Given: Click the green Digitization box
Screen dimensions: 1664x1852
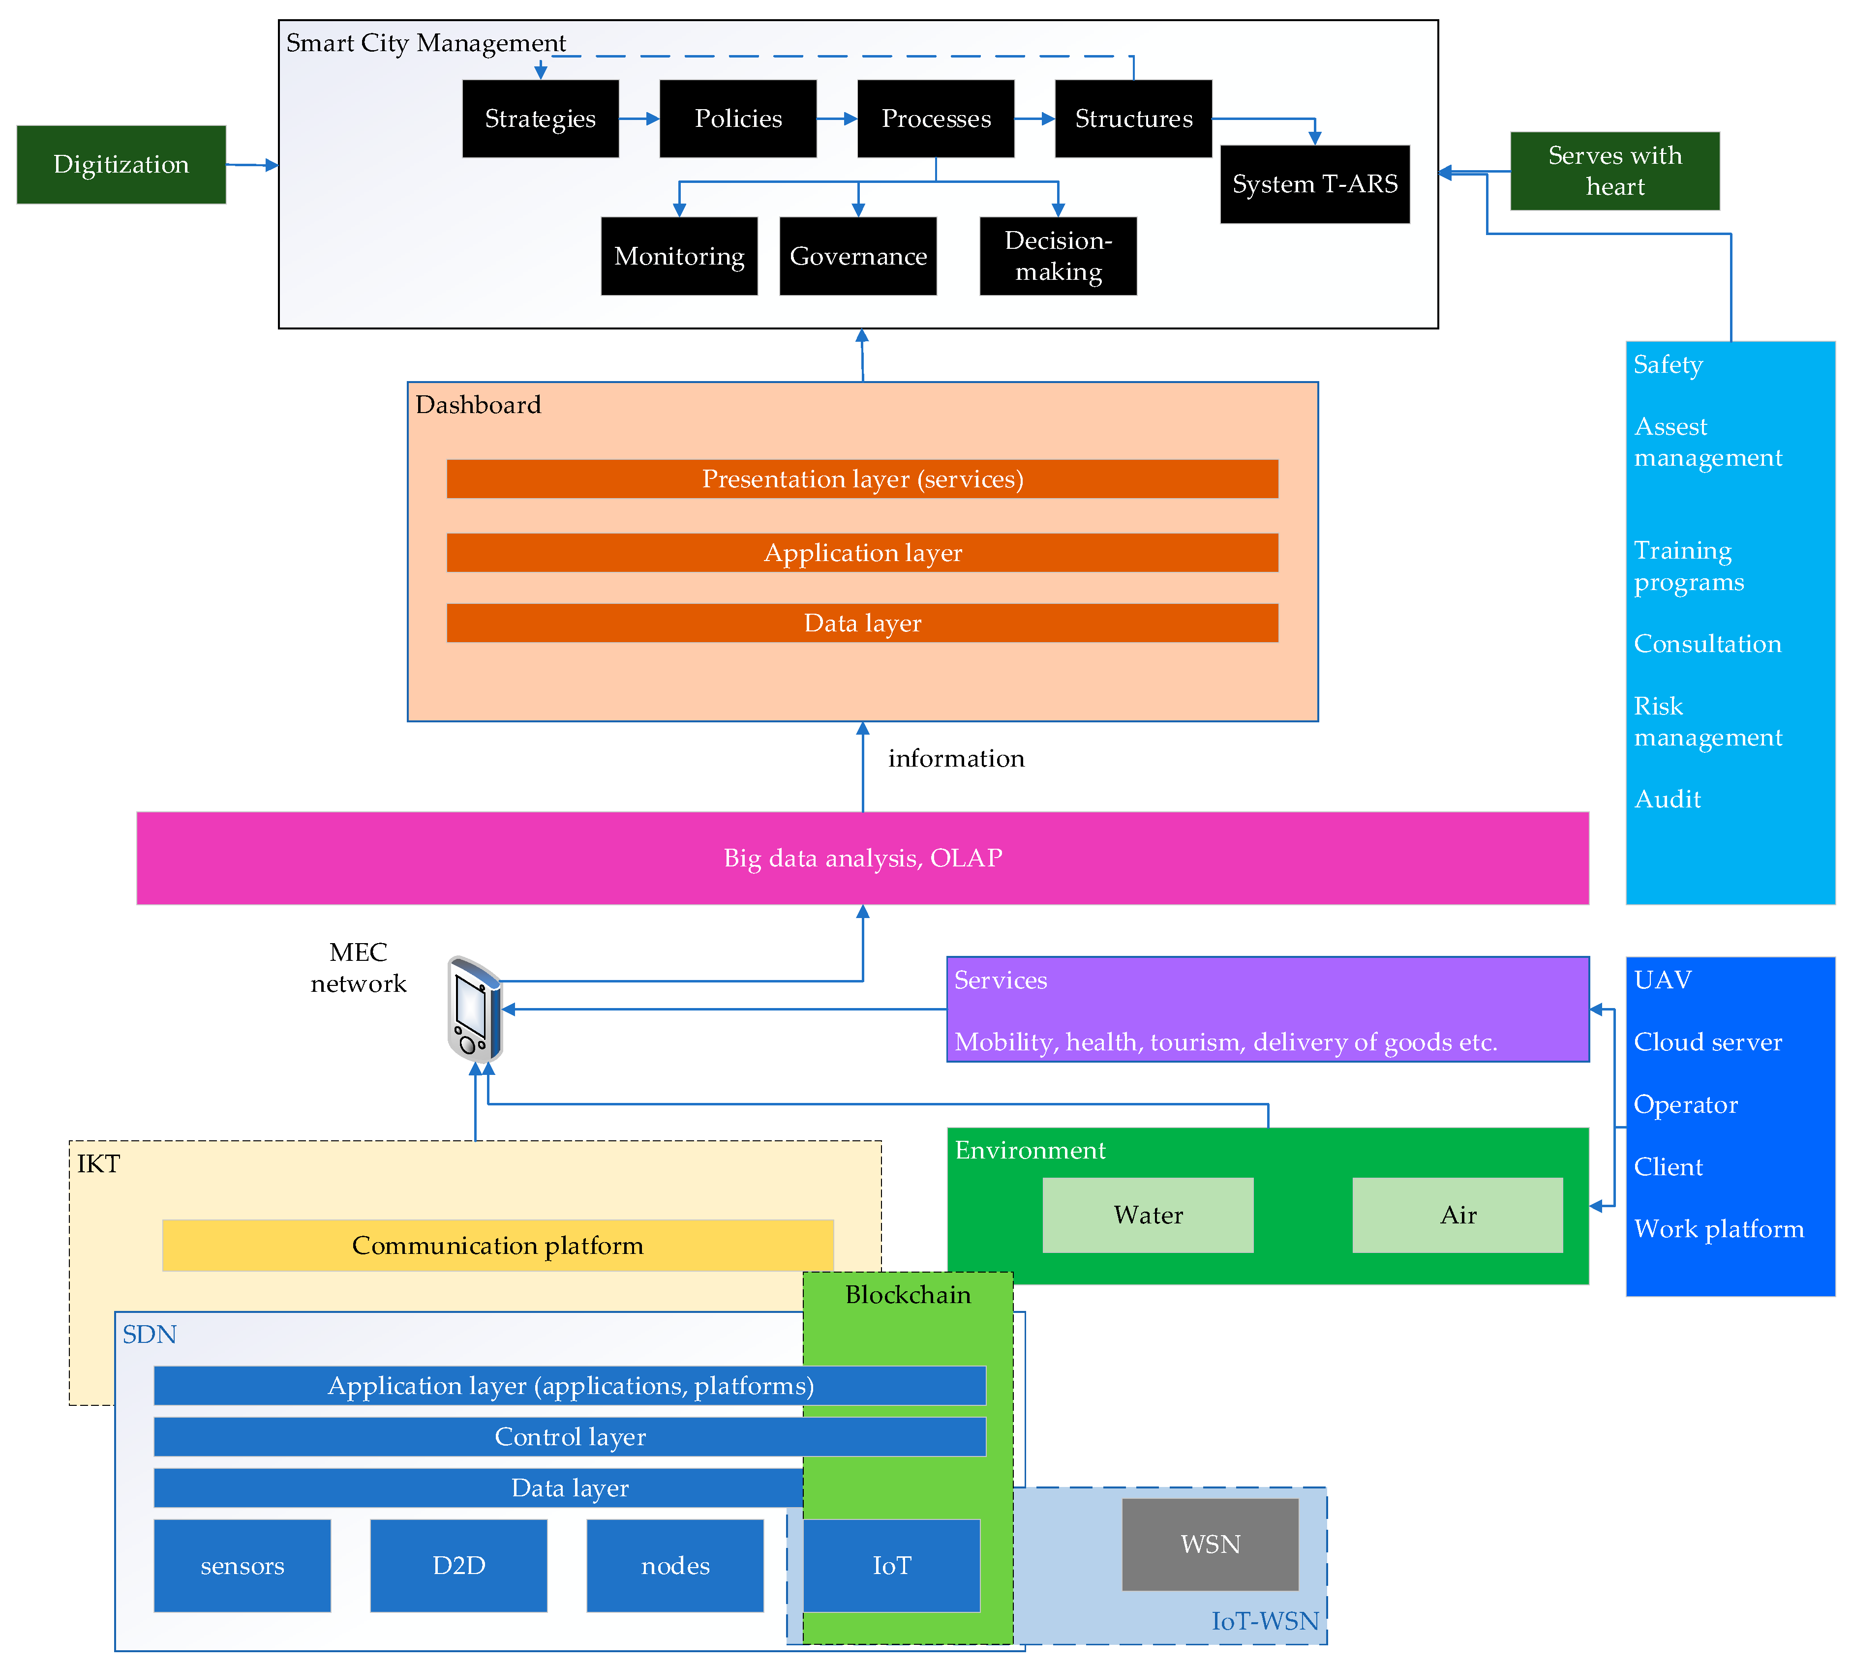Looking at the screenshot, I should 121,165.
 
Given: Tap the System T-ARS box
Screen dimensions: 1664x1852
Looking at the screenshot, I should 1314,184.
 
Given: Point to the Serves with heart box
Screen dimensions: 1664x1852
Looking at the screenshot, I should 1614,171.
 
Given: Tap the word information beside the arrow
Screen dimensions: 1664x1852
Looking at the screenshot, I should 956,758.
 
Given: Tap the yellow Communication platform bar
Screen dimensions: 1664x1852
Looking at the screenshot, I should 497,1245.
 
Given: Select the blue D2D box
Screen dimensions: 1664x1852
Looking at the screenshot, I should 458,1565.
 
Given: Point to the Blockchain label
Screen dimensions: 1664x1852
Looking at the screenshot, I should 907,1295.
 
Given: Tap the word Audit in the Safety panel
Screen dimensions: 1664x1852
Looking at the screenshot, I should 1667,799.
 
